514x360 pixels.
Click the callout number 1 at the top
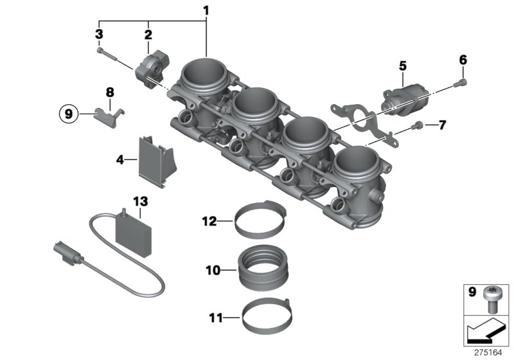206,11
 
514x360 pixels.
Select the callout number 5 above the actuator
403,65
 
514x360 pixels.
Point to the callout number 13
136,201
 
